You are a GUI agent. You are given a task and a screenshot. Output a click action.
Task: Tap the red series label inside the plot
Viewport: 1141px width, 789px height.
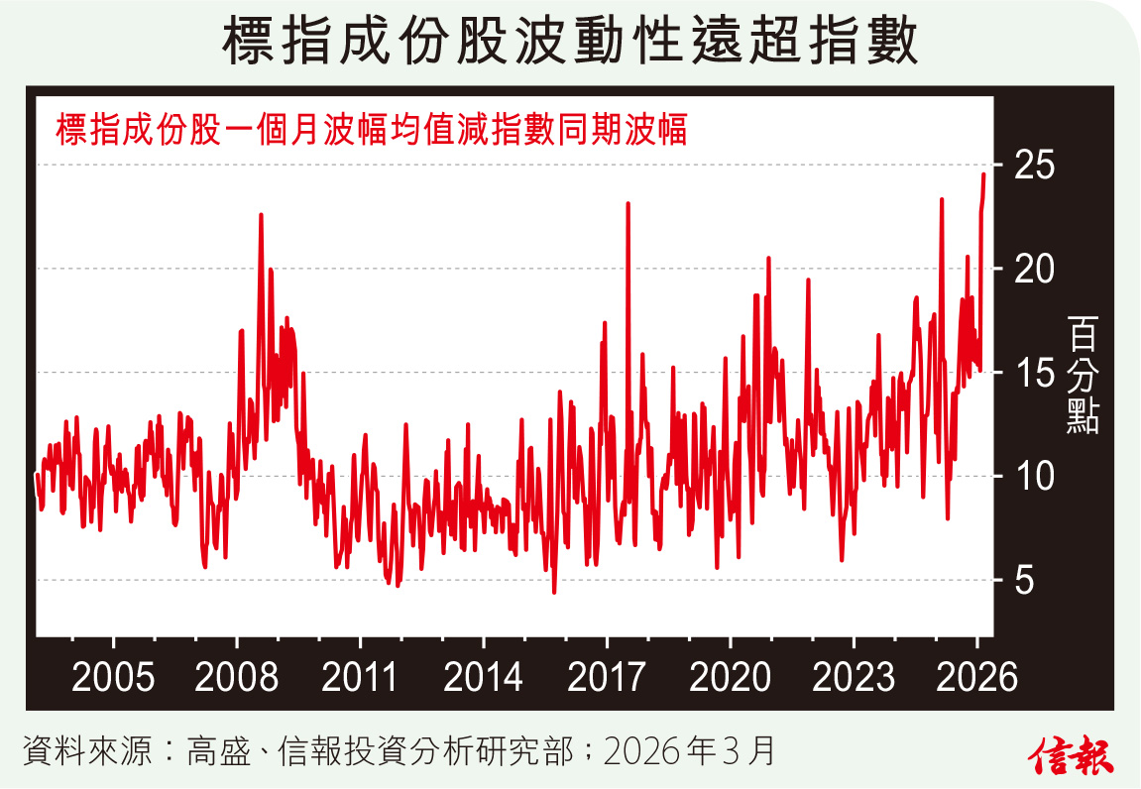[372, 130]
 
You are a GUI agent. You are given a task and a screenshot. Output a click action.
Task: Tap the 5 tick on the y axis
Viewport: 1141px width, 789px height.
[1037, 581]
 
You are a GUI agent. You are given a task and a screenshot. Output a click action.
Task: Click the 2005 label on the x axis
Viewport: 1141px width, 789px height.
[113, 677]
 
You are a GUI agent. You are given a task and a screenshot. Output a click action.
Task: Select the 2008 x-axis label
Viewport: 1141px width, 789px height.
[237, 677]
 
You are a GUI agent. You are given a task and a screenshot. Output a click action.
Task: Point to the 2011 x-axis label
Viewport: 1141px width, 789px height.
[360, 677]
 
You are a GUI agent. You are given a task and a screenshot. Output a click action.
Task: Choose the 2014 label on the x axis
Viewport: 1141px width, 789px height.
[483, 677]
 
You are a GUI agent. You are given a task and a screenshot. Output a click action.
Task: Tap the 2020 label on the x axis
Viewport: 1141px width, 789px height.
[730, 677]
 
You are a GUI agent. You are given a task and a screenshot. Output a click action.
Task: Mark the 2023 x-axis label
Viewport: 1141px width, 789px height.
[853, 677]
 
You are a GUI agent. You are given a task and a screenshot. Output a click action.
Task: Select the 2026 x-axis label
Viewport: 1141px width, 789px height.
[976, 677]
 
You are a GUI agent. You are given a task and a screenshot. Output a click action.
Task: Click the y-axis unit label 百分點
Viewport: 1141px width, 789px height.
[1083, 373]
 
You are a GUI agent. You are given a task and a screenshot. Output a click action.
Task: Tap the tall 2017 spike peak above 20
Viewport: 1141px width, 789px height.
[628, 204]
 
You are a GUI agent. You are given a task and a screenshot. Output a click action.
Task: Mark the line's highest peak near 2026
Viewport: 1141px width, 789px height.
[983, 174]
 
